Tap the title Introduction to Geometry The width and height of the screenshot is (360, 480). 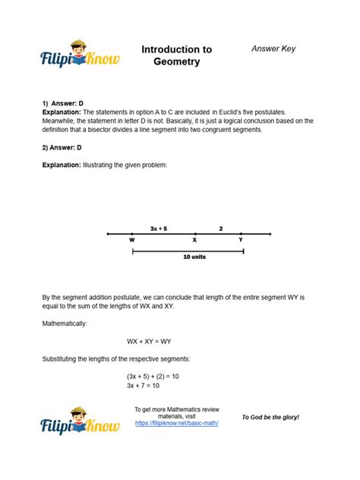pyautogui.click(x=177, y=55)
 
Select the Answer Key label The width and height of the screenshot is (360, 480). pyautogui.click(x=273, y=49)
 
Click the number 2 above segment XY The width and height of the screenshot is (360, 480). pyautogui.click(x=221, y=228)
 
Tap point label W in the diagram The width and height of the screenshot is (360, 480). pyautogui.click(x=132, y=240)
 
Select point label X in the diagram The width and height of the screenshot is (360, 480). pyautogui.click(x=194, y=240)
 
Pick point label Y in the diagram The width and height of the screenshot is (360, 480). pyautogui.click(x=242, y=240)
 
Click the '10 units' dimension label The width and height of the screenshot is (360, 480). pyautogui.click(x=194, y=257)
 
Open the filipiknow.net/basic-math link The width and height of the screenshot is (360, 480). pyautogui.click(x=176, y=423)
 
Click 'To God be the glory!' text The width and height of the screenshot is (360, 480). pyautogui.click(x=270, y=418)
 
